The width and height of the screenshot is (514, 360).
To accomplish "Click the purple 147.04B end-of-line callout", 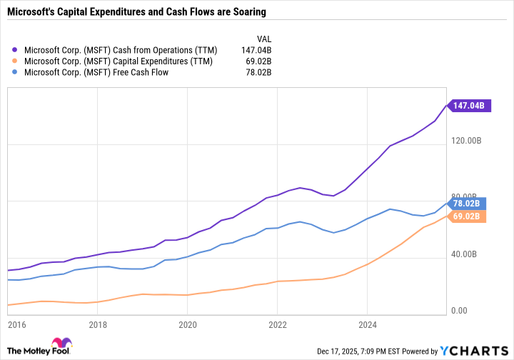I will click(x=469, y=105).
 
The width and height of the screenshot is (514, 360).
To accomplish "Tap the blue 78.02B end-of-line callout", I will click(x=469, y=202).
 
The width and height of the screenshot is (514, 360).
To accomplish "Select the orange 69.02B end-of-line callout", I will click(x=469, y=215).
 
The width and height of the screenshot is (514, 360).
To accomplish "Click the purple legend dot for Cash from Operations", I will click(x=16, y=51).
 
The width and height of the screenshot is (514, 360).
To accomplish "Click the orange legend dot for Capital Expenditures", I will click(x=16, y=61).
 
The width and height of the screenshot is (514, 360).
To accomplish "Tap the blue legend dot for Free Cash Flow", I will click(x=16, y=71).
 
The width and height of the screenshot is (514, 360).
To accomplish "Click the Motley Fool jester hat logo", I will click(x=62, y=345).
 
